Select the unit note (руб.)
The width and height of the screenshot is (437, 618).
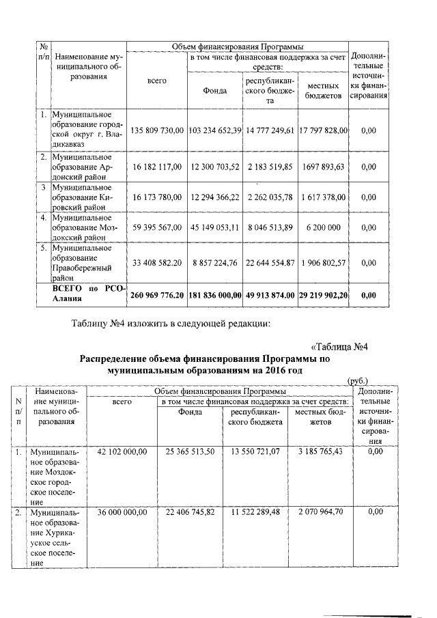coord(357,380)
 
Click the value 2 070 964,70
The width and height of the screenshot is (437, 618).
coord(320,511)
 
